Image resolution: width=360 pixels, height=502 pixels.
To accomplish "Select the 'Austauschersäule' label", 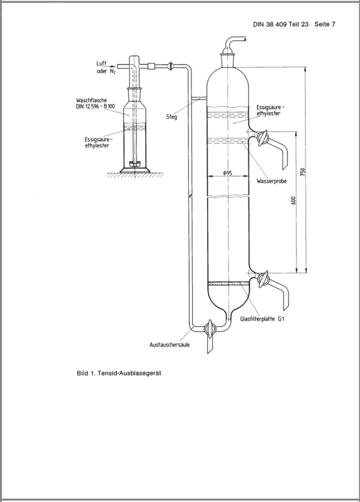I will pos(170,344).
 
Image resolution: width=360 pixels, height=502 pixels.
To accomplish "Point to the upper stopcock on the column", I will pos(261,139).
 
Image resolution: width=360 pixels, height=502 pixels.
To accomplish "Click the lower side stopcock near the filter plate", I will pos(262,278).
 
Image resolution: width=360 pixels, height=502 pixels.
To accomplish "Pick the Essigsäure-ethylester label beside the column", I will pos(270,110).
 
